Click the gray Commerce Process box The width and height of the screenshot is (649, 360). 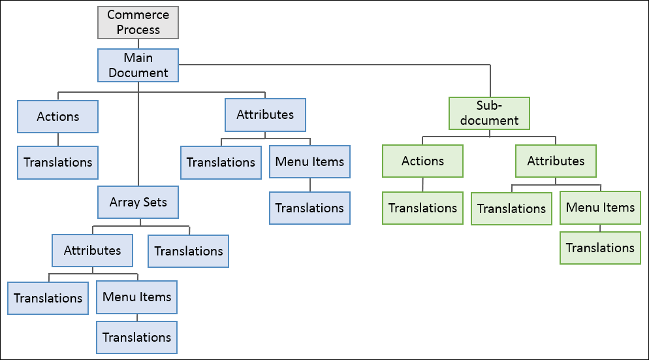click(x=138, y=22)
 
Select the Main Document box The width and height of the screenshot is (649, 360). click(x=138, y=65)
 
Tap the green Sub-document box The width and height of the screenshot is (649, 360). click(x=489, y=113)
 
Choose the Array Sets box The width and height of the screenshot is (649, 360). click(x=138, y=203)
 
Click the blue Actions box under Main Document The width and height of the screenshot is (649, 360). click(x=58, y=117)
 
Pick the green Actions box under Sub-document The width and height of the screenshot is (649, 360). click(x=422, y=161)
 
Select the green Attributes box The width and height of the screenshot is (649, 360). click(x=556, y=161)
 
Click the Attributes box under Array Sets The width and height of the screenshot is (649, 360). click(x=92, y=251)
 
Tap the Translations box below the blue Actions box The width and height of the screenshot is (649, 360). click(x=58, y=163)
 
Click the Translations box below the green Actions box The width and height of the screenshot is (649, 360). click(x=422, y=208)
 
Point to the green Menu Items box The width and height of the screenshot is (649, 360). click(x=600, y=208)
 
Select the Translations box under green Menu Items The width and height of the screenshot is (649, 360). click(x=600, y=248)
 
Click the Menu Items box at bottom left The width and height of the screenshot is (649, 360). click(x=137, y=297)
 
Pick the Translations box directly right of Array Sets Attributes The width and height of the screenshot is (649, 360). click(x=189, y=252)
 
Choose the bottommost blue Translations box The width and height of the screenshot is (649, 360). click(x=137, y=338)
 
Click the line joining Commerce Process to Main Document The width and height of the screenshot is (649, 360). click(x=138, y=43)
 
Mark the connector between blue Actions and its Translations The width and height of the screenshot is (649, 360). click(x=58, y=140)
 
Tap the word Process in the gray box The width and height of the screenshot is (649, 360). click(x=138, y=30)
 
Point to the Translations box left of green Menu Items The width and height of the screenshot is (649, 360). click(x=511, y=209)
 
